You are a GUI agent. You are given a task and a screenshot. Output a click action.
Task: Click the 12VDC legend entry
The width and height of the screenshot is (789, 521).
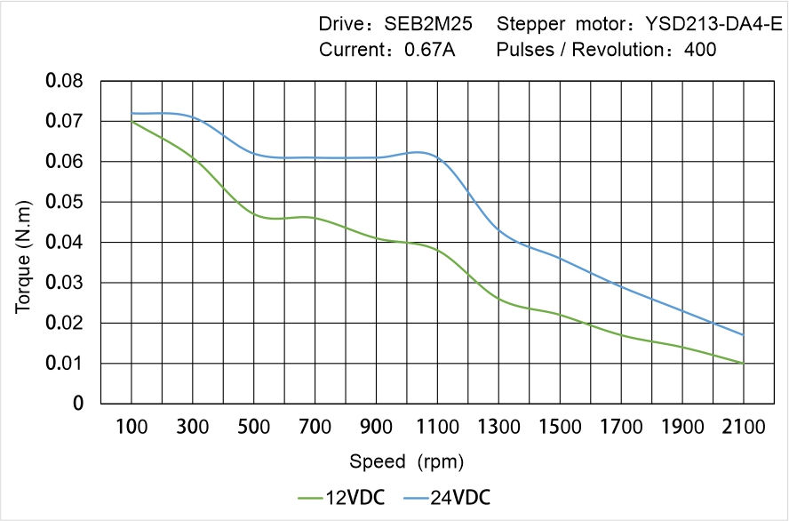341,497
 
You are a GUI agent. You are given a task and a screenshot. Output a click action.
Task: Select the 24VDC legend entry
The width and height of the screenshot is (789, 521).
446,497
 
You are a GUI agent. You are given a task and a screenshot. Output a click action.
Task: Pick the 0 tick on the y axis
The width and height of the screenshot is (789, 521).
79,404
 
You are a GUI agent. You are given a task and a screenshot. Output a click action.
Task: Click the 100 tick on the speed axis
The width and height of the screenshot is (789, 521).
132,427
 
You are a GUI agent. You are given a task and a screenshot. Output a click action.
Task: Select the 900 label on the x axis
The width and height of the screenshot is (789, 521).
377,427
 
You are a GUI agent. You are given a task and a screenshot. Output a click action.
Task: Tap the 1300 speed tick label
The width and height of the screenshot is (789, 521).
498,427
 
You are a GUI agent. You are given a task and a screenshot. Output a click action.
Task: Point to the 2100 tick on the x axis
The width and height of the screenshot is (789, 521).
743,427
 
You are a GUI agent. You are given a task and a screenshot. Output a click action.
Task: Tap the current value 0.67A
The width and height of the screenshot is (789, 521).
429,50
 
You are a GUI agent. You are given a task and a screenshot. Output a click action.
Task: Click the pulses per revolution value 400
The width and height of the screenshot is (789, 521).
700,50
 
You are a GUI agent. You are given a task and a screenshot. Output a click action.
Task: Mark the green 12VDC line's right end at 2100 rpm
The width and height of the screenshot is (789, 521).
743,363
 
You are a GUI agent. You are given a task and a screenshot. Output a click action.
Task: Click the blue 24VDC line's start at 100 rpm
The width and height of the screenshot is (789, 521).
132,113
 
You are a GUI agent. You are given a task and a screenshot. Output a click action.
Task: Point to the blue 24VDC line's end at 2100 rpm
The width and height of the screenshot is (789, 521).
743,335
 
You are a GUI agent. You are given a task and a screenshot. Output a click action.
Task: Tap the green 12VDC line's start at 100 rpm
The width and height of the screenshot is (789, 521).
132,121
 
